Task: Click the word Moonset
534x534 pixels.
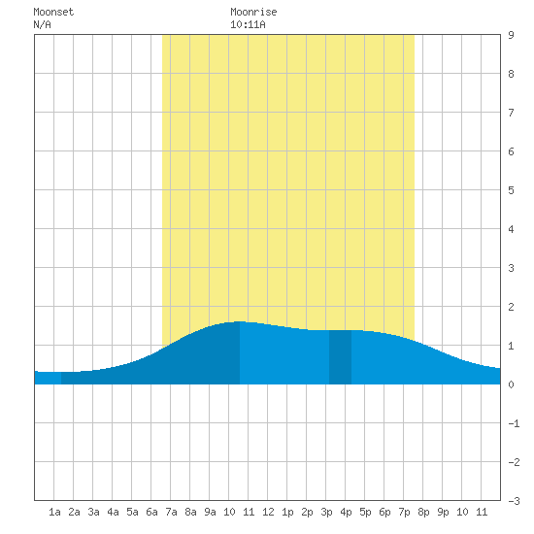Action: tap(53, 12)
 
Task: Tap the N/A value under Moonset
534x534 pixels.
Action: tap(42, 24)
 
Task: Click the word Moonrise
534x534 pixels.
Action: tap(253, 12)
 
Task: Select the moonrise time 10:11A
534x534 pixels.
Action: tap(248, 24)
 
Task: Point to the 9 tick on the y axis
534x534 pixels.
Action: tap(511, 35)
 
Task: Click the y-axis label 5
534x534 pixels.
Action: tap(511, 190)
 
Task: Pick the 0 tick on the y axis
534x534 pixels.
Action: tap(511, 384)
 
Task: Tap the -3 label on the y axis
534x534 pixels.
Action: tap(514, 501)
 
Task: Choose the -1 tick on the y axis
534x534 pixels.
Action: tap(514, 423)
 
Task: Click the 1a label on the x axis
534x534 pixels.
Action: tap(54, 512)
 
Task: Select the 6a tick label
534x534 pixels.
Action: tap(151, 512)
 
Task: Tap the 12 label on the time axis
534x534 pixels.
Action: tap(268, 512)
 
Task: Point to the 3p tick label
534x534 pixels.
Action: tap(326, 512)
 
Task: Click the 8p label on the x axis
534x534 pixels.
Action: tap(423, 512)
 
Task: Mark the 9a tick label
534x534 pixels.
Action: tap(210, 512)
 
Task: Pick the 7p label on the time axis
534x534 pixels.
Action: tap(404, 512)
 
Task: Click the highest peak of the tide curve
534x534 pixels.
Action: tap(240, 321)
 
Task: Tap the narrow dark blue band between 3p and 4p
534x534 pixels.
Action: tap(340, 357)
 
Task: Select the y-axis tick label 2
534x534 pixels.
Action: tap(511, 307)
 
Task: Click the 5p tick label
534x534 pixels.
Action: tap(365, 512)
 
